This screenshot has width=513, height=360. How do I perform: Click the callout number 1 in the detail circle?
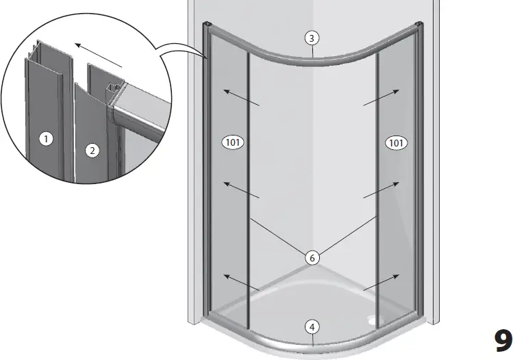click(45, 139)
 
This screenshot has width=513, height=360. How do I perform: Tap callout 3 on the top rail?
click(312, 38)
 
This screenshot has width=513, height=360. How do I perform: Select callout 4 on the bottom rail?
click(312, 326)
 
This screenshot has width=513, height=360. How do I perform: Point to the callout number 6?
click(312, 257)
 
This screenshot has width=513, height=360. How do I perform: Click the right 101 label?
click(396, 142)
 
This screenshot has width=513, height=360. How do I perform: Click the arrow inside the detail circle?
click(99, 55)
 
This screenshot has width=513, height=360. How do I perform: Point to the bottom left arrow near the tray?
click(241, 283)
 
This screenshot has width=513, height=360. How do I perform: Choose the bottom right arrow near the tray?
click(382, 283)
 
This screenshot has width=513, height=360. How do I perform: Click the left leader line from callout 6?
click(277, 236)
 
